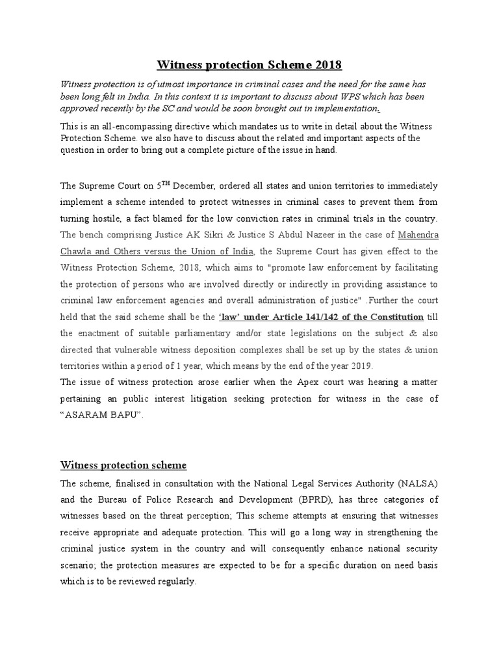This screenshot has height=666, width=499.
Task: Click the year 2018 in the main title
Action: coord(326,66)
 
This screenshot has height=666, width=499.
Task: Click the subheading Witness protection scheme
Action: coord(123,465)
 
